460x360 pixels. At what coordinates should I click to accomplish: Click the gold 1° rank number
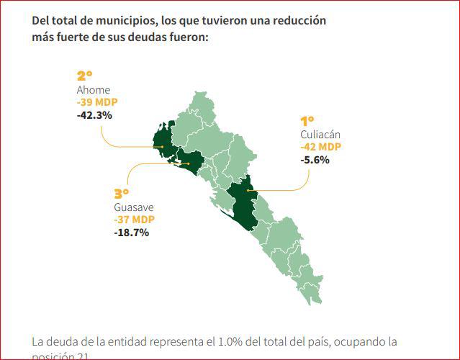pos(307,121)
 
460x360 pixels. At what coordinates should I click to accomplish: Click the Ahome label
pos(94,90)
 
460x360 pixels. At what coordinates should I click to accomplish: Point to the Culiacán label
pos(320,135)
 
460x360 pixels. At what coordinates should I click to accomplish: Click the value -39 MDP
pos(97,102)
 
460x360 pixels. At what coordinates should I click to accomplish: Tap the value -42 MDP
pos(321,147)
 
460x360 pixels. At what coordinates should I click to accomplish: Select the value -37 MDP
pos(134,220)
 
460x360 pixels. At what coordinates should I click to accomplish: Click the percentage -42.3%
pos(94,114)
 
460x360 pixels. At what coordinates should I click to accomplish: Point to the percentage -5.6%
pos(315,159)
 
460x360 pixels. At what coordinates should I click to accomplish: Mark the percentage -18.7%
pos(131,232)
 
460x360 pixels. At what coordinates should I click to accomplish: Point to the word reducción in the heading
pos(297,21)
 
